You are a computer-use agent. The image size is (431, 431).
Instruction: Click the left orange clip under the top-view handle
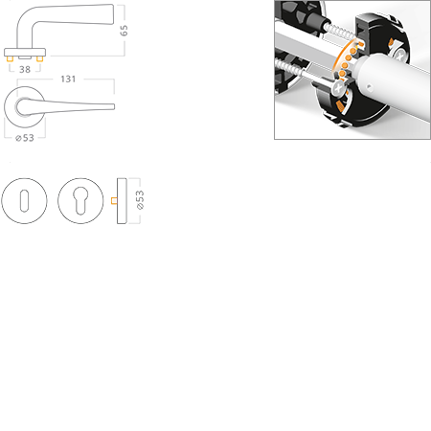click(12, 60)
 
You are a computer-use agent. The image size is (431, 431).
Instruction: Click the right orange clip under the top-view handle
click(41, 60)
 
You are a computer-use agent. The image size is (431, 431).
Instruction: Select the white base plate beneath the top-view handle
click(26, 51)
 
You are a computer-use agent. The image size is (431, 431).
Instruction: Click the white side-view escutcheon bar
click(122, 200)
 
